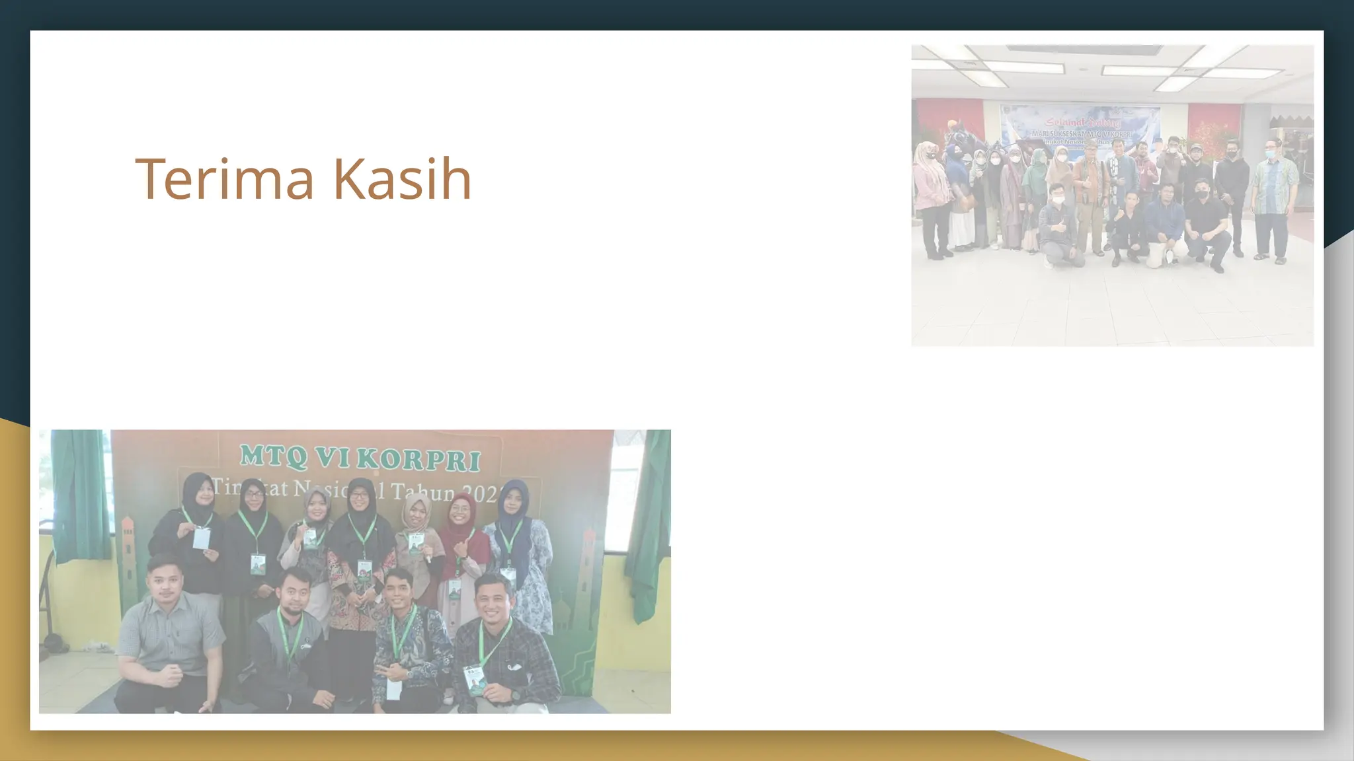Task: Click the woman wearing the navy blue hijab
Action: pyautogui.click(x=518, y=548)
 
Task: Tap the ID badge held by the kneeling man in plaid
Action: pyautogui.click(x=475, y=680)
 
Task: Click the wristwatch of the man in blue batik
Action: pyautogui.click(x=409, y=674)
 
